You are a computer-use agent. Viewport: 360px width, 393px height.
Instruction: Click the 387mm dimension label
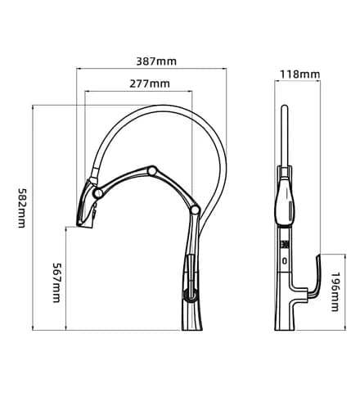[156, 61]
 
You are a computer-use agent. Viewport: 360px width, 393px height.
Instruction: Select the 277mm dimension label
[150, 84]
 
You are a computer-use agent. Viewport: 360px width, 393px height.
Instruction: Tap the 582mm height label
[21, 208]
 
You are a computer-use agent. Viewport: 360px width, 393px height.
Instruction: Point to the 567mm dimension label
[56, 282]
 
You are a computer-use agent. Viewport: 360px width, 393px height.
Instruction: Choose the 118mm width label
[299, 74]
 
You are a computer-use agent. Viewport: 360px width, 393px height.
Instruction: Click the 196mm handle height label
[335, 291]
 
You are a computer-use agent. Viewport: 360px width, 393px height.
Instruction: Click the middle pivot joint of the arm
[152, 171]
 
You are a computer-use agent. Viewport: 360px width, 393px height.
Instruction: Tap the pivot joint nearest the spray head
[97, 193]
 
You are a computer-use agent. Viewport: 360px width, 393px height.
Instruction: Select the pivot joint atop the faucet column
[196, 210]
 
